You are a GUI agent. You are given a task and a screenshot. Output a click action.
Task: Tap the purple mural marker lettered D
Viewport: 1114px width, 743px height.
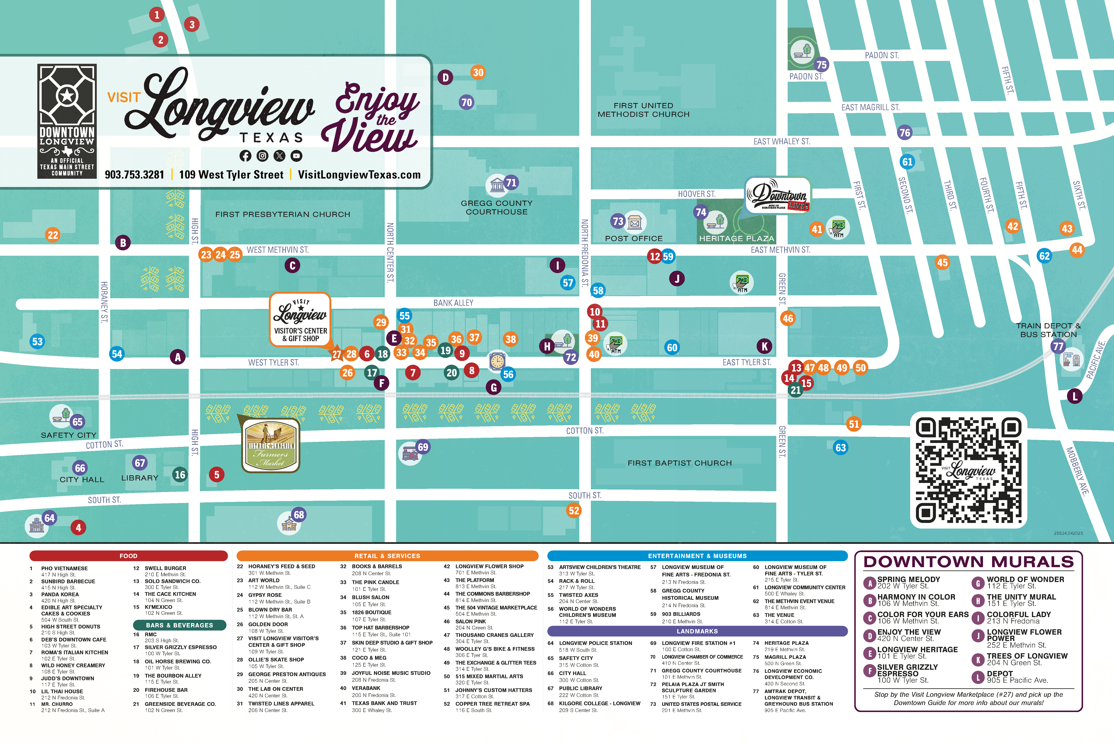[445, 77]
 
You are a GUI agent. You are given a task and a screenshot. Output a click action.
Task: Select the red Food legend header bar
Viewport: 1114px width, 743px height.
[128, 556]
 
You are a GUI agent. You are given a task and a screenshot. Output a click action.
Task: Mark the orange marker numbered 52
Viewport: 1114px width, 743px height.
[574, 510]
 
